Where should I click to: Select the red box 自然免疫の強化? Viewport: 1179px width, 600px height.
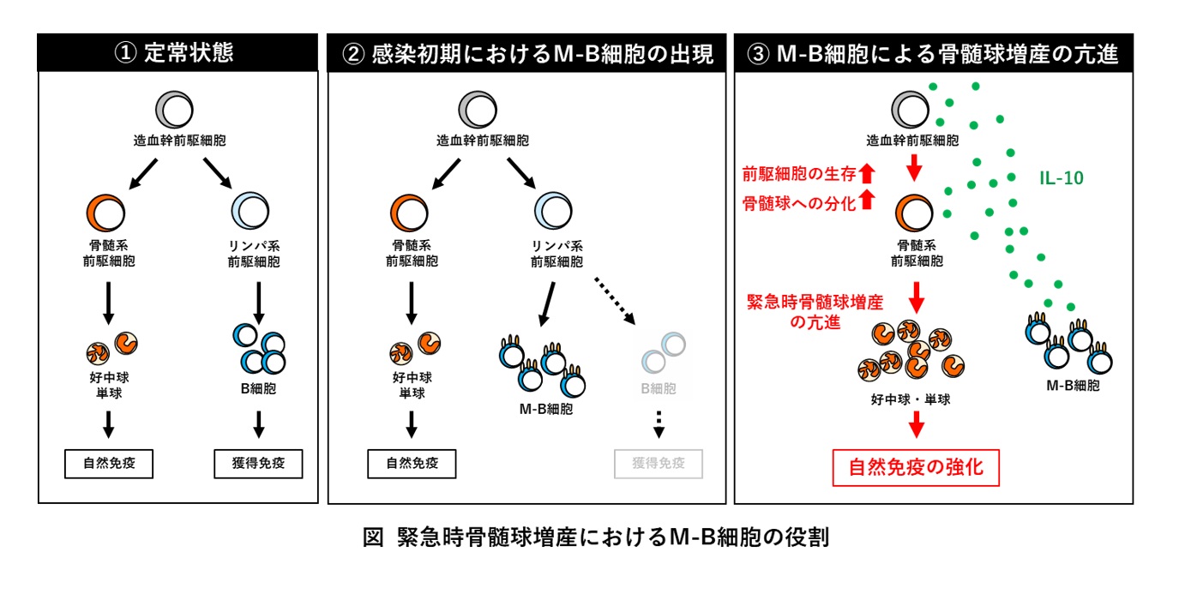[x=916, y=468]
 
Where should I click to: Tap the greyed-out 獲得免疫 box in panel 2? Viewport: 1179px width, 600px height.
[x=659, y=464]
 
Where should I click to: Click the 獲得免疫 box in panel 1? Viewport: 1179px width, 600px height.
[x=258, y=464]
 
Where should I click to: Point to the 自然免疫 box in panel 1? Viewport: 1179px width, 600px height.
[x=109, y=464]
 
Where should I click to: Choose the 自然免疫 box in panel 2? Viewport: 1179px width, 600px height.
[x=412, y=464]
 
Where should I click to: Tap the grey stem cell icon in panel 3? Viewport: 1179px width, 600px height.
[x=911, y=109]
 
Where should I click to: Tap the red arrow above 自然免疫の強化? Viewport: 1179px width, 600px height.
[x=916, y=424]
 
